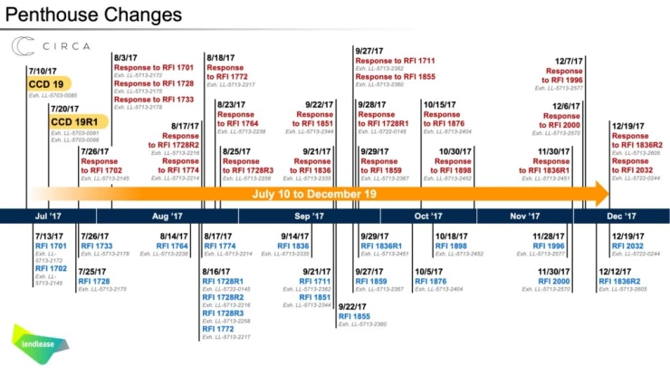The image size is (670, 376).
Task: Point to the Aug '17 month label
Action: pos(167,217)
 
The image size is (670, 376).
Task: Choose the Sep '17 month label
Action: pos(308,217)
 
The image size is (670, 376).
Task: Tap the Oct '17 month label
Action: pos(428,217)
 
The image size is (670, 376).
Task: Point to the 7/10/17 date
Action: pos(43,71)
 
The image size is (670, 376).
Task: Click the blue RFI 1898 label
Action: pos(451,245)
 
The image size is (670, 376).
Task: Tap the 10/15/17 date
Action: pos(441,103)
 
